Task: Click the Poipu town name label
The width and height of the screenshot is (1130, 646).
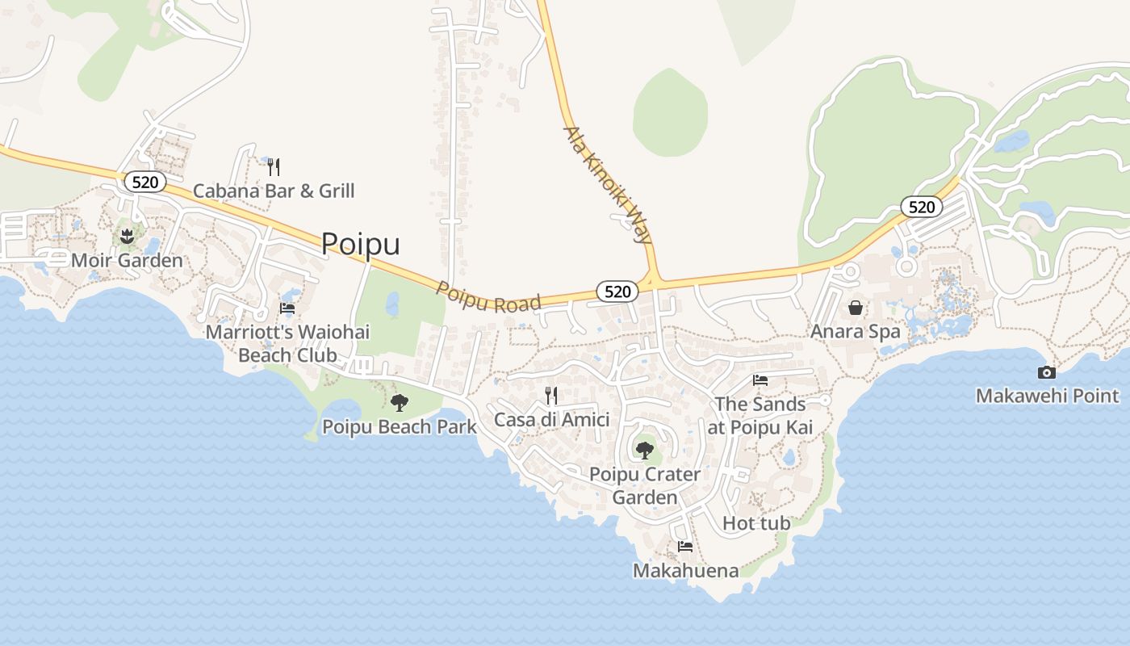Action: click(x=360, y=244)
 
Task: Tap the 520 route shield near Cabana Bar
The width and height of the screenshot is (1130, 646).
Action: click(x=145, y=182)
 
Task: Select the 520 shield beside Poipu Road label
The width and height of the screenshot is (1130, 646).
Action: click(x=617, y=292)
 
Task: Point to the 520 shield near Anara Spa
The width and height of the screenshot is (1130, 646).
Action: click(x=921, y=207)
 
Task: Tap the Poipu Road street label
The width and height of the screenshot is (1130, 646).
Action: click(x=488, y=296)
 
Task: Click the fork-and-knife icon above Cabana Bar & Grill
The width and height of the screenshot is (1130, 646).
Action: click(x=274, y=167)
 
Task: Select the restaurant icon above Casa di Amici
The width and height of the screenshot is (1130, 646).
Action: click(x=551, y=395)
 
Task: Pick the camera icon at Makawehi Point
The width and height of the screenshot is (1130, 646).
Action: click(x=1046, y=372)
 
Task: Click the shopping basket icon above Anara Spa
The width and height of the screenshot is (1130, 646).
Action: click(x=856, y=308)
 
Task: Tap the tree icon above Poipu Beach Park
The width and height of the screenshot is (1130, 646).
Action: click(x=399, y=402)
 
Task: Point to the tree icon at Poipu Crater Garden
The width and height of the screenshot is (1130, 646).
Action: click(x=644, y=450)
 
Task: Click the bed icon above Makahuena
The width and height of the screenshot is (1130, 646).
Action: click(x=685, y=547)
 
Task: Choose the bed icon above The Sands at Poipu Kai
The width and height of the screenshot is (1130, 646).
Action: click(x=760, y=380)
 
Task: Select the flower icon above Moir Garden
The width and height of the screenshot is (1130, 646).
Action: click(x=127, y=237)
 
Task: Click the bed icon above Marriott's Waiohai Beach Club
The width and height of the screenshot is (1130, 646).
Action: click(x=287, y=308)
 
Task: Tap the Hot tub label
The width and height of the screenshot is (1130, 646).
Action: click(x=756, y=523)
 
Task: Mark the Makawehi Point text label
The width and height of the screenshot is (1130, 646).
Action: click(x=1047, y=396)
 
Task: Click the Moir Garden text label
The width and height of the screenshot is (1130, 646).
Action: click(x=127, y=261)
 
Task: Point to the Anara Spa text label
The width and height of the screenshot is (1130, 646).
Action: click(x=855, y=332)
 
